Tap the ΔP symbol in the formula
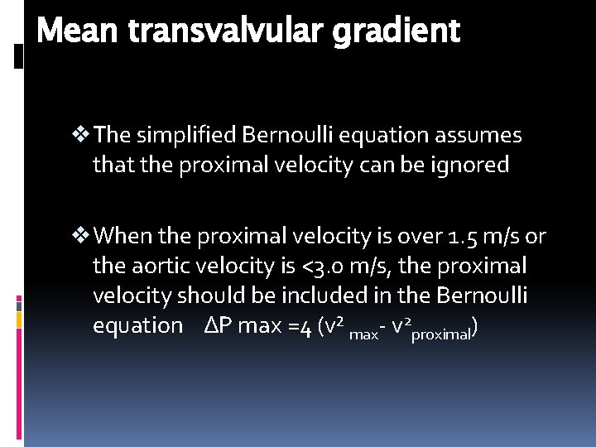point(219,326)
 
